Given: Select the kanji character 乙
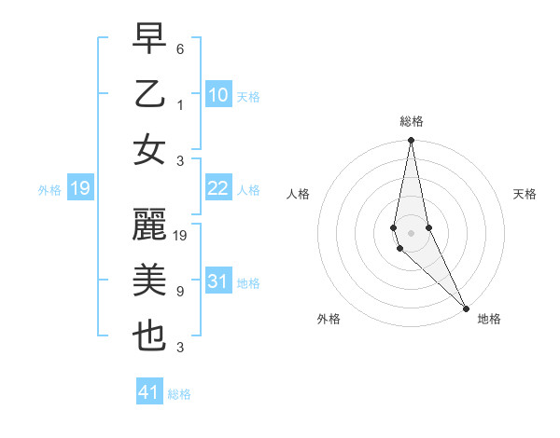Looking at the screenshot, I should [x=150, y=94].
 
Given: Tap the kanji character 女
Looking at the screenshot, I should [x=150, y=150].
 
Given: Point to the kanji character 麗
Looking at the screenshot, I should [x=150, y=226].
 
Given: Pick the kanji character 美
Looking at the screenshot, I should [x=150, y=281].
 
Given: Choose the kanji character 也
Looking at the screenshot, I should [x=150, y=337].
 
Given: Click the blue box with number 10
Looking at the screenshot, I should [x=217, y=95].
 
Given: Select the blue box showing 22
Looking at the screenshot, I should [x=217, y=189].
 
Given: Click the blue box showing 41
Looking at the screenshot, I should [x=149, y=392].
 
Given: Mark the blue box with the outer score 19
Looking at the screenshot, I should [x=80, y=189].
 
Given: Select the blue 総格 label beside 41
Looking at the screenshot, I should [x=179, y=394].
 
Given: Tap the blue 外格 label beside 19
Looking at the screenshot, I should [x=49, y=190].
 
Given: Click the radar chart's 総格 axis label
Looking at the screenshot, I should [x=411, y=121].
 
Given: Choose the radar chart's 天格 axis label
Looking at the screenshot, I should [x=525, y=194].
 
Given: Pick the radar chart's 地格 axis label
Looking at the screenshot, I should [x=489, y=319].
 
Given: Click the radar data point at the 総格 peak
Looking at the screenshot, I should [x=411, y=142].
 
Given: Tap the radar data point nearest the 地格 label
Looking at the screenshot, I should [x=466, y=306].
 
